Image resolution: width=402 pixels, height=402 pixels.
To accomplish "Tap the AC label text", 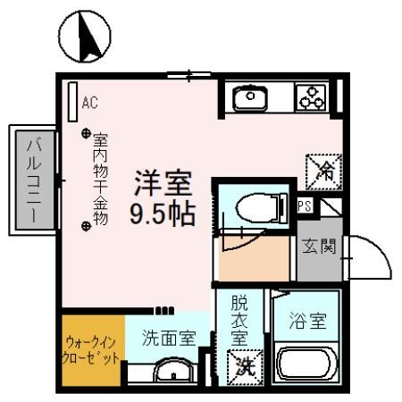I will pyautogui.click(x=89, y=102).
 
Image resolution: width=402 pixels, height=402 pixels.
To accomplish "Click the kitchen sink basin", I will pyautogui.click(x=251, y=96).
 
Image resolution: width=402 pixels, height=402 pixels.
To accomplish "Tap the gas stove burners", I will pyautogui.click(x=313, y=96).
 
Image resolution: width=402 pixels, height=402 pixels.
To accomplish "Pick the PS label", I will pyautogui.click(x=305, y=206).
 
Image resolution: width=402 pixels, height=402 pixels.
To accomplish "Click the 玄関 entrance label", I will pyautogui.click(x=317, y=246).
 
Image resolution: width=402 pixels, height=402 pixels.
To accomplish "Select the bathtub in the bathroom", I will pyautogui.click(x=308, y=364).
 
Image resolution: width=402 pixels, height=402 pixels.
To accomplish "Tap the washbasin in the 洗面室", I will pyautogui.click(x=168, y=371).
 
